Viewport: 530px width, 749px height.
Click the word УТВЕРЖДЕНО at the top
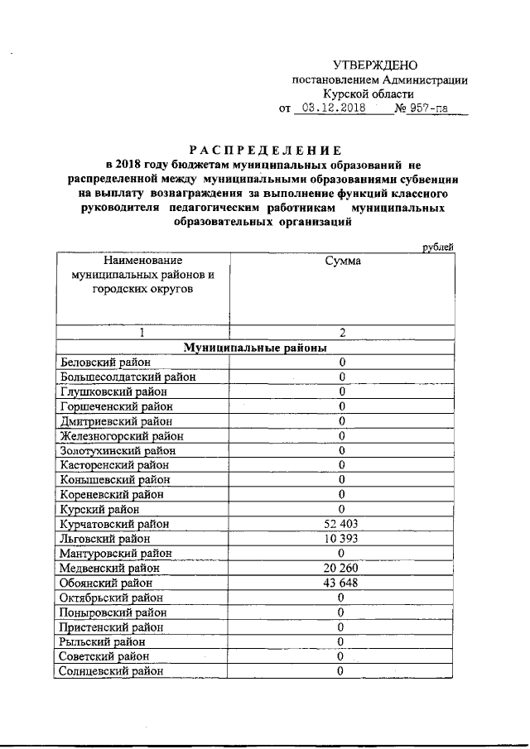[375, 65]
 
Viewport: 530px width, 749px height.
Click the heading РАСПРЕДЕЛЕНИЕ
[265, 151]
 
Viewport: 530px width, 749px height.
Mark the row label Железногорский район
[120, 435]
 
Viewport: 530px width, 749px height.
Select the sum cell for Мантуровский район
[341, 553]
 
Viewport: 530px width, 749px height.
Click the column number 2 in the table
[341, 333]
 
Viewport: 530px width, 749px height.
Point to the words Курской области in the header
[380, 95]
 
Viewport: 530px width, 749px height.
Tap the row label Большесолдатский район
[127, 377]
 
